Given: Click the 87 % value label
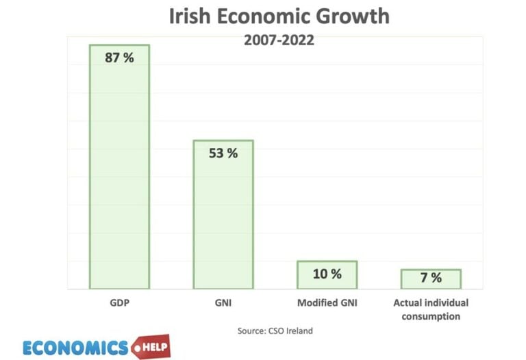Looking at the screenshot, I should pos(119,57).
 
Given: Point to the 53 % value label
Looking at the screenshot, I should pos(223,153).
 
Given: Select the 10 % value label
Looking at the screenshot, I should pos(327,274).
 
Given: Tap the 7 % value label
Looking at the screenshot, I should pos(431,278).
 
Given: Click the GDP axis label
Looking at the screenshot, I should pos(119,303).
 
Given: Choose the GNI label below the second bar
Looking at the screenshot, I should pos(223,303).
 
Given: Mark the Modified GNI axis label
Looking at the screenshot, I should pos(327,303).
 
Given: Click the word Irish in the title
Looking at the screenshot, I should pos(194,17).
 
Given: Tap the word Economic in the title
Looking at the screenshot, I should pos(275,17).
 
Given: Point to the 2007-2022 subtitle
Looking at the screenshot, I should pos(279,40).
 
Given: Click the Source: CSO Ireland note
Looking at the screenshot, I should pos(275,331).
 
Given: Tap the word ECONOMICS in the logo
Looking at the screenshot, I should pos(75,348).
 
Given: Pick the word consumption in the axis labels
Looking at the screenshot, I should pos(431,316).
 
